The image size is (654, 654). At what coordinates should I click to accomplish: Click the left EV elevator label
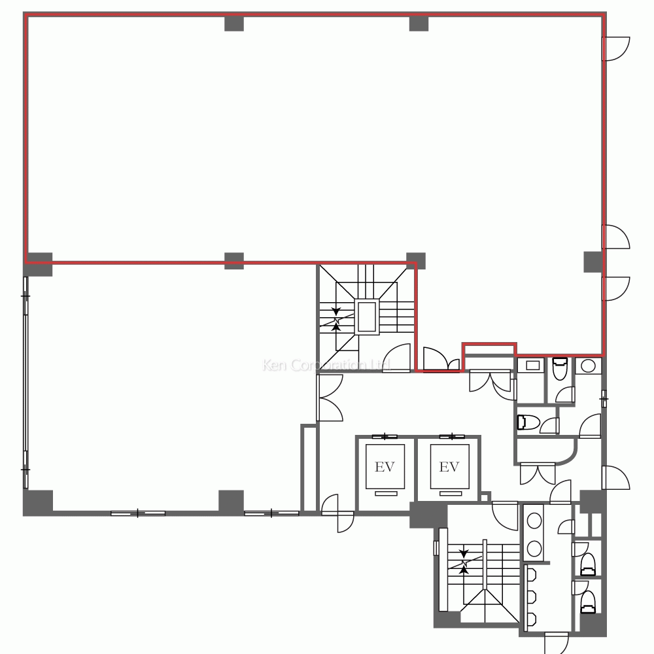[x=385, y=466]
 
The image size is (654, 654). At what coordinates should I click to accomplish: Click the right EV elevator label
[x=449, y=466]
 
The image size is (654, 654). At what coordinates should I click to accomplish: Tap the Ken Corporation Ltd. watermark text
[x=326, y=366]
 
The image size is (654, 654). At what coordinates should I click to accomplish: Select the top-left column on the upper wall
[x=234, y=24]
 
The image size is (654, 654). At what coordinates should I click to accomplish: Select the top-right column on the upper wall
[x=419, y=24]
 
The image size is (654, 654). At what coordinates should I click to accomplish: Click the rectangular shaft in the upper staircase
[x=367, y=317]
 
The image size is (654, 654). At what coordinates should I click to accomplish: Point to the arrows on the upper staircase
[x=336, y=320]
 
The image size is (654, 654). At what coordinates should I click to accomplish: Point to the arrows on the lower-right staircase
[x=464, y=562]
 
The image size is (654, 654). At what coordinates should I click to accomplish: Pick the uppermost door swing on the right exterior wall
[x=616, y=49]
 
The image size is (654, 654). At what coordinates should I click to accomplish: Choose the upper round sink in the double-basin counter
[x=534, y=521]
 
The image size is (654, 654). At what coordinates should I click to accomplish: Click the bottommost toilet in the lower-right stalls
[x=588, y=602]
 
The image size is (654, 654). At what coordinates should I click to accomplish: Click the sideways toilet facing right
[x=528, y=422]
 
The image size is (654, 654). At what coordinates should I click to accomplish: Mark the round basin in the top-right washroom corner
[x=588, y=366]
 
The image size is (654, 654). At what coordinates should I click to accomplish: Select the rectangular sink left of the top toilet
[x=532, y=366]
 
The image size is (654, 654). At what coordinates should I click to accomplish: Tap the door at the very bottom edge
[x=557, y=643]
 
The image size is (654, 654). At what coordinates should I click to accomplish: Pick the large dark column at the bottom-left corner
[x=38, y=502]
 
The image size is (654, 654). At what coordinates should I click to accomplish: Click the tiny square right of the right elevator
[x=484, y=498]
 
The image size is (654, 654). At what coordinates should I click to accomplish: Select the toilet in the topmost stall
[x=560, y=368]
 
